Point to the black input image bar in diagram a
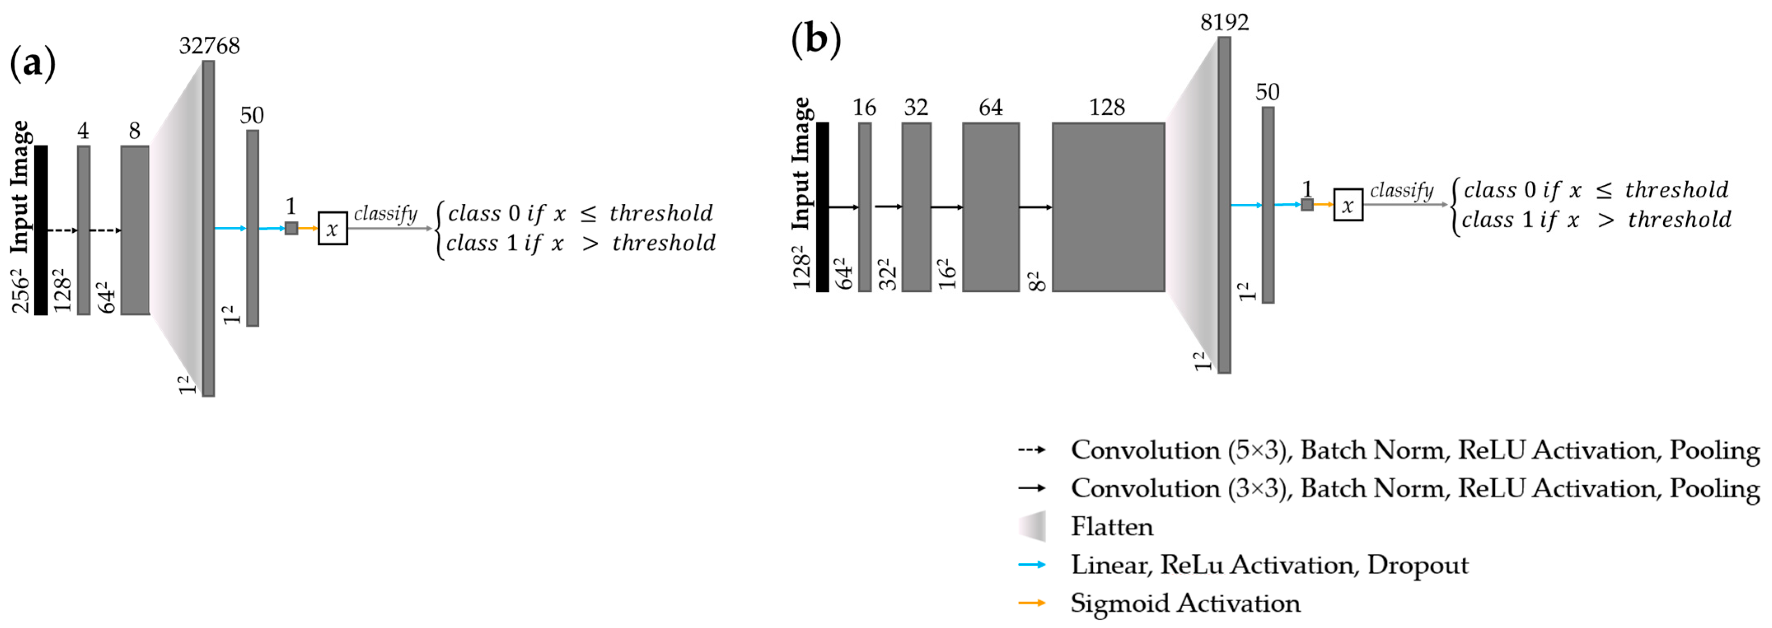41,231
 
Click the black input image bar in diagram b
822,207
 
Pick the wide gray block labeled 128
1108,207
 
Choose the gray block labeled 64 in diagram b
991,207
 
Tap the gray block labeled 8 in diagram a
135,231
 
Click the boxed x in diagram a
332,229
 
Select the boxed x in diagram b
1348,205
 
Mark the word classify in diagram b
1401,191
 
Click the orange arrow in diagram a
308,229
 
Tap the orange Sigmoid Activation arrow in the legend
1032,603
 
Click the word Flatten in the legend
1112,527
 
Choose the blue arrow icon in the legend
1032,565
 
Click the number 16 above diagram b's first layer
864,108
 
